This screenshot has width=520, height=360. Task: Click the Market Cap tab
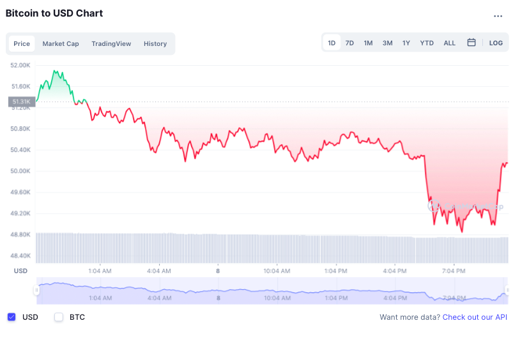[61, 44]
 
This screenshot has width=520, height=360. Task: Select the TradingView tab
[111, 44]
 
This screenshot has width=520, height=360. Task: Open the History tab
[155, 44]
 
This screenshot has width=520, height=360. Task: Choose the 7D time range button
[349, 43]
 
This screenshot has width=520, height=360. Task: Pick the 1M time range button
[368, 43]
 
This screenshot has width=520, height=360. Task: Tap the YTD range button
[427, 43]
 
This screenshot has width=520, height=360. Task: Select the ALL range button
[450, 43]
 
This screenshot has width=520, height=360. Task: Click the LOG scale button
[496, 43]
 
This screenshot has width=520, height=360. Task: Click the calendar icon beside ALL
[471, 43]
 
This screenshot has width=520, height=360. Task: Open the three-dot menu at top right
[498, 16]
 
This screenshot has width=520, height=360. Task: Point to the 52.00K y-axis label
[20, 65]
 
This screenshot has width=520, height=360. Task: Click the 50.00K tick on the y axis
[20, 171]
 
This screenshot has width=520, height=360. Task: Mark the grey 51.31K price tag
[20, 101]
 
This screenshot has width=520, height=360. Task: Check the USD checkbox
[11, 317]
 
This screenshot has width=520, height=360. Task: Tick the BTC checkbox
[59, 317]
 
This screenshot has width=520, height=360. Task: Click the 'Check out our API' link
[475, 317]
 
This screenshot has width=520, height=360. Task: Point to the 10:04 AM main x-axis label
[277, 271]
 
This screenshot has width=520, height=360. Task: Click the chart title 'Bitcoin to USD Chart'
[54, 13]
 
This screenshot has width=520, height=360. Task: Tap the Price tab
[22, 44]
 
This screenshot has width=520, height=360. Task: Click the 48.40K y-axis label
[20, 255]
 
